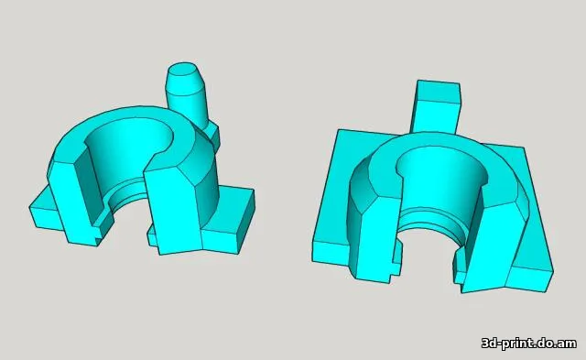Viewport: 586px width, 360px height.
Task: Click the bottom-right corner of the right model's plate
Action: tap(552, 270)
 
